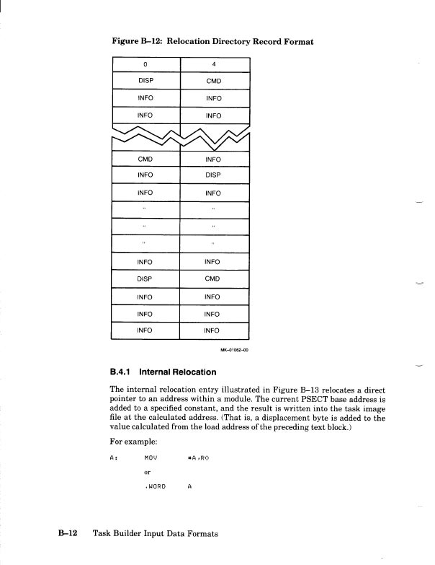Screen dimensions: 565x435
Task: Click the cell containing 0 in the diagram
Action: point(145,63)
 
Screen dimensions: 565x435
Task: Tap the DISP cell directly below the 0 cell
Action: point(145,81)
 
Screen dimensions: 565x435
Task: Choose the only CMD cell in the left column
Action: point(145,159)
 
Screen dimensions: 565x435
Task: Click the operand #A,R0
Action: point(198,457)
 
